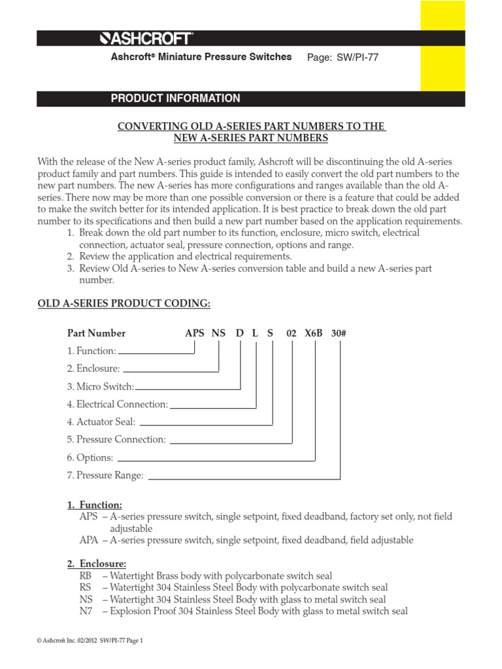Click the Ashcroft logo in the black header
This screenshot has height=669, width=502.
(146, 39)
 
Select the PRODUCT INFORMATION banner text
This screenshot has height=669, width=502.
(175, 99)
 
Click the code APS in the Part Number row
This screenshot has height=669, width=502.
(195, 333)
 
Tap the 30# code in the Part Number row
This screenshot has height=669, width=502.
(339, 333)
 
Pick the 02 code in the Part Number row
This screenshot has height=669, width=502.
(292, 333)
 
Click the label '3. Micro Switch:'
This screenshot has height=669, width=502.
(101, 387)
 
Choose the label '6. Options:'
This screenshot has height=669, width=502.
(90, 458)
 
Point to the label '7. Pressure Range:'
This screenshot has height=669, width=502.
(105, 476)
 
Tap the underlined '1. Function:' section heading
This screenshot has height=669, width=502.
(94, 505)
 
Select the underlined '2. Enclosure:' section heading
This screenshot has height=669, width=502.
(96, 564)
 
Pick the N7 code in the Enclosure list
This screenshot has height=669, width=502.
(86, 612)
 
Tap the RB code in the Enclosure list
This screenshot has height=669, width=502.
(86, 576)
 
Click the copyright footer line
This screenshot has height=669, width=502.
(89, 641)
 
